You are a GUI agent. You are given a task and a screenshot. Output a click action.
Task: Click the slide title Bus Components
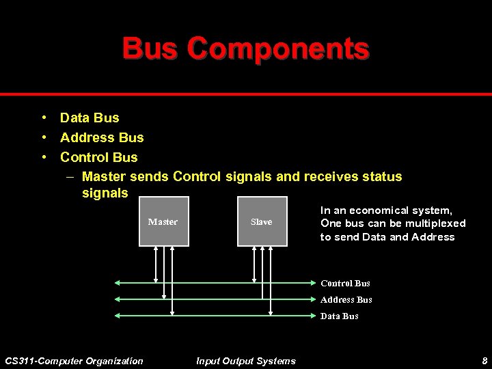click(x=246, y=49)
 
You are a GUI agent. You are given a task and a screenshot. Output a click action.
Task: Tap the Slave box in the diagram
click(x=261, y=221)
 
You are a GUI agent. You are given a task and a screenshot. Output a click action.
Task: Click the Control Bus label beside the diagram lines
click(x=345, y=283)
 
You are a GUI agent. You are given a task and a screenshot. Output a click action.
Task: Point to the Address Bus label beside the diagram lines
click(x=346, y=299)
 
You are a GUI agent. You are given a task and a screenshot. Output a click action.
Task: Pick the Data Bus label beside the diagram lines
click(x=339, y=316)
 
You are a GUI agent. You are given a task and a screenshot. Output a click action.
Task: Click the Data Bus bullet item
click(x=90, y=118)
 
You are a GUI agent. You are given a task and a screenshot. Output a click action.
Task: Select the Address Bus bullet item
click(x=102, y=137)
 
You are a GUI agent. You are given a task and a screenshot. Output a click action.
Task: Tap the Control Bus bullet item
click(x=98, y=157)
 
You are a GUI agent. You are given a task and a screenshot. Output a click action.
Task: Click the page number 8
click(x=484, y=361)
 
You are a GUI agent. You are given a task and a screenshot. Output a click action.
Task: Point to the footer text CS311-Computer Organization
click(x=74, y=361)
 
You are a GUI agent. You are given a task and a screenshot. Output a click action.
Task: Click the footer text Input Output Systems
click(x=246, y=361)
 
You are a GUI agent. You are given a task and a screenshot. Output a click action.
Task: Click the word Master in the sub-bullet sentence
click(x=103, y=177)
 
